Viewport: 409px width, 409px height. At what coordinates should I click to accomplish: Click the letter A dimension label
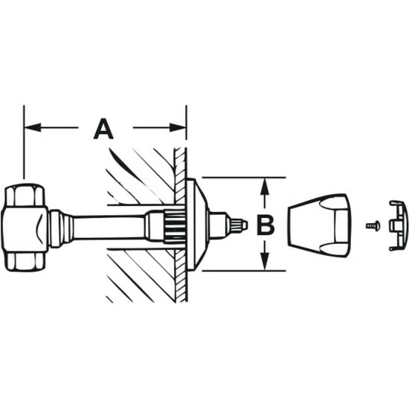(x=103, y=129)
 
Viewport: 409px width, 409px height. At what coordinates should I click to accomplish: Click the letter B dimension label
(x=265, y=225)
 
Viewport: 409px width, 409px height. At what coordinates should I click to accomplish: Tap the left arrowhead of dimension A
(x=33, y=128)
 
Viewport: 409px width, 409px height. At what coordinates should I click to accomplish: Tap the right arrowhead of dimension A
(x=178, y=128)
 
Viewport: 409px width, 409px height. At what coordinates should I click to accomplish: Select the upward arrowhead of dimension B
(x=265, y=186)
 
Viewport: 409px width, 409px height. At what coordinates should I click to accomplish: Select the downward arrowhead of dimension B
(x=265, y=262)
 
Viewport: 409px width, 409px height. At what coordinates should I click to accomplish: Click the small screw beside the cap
(x=373, y=225)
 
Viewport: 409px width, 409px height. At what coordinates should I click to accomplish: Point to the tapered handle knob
(x=320, y=225)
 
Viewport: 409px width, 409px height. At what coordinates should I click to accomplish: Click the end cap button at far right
(x=399, y=225)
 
